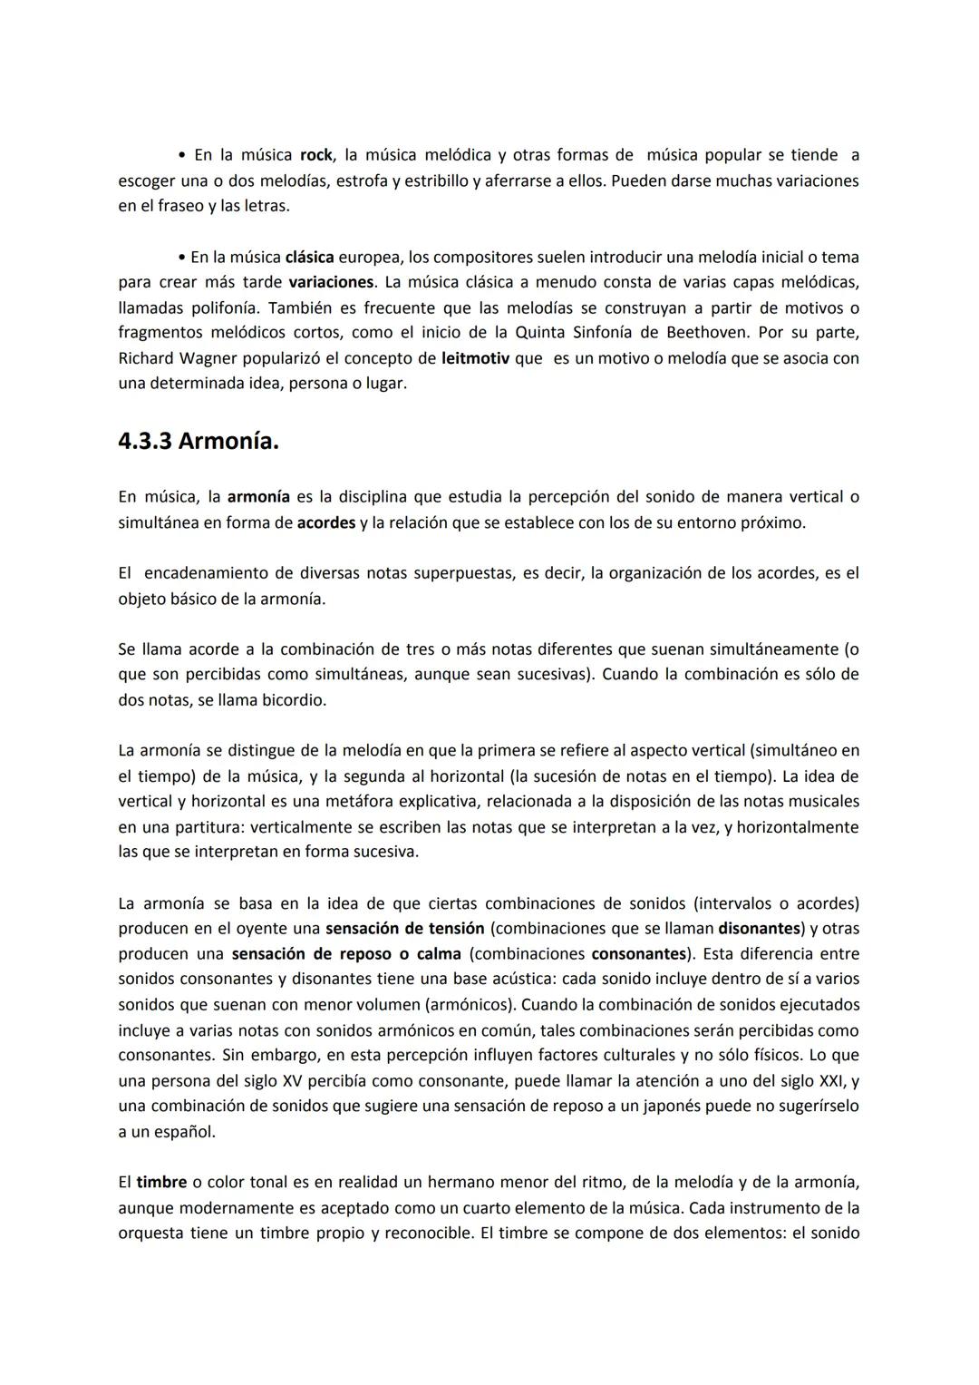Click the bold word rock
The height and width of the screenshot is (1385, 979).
[x=315, y=155]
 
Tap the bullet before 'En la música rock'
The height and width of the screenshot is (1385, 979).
[x=182, y=155]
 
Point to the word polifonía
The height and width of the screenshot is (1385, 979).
[x=225, y=307]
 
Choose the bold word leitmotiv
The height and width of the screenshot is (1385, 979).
[x=475, y=358]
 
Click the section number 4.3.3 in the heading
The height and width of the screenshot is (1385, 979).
[x=145, y=442]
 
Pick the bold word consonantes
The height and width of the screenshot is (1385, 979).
[x=637, y=954]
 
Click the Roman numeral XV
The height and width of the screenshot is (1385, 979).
[x=292, y=1081]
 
